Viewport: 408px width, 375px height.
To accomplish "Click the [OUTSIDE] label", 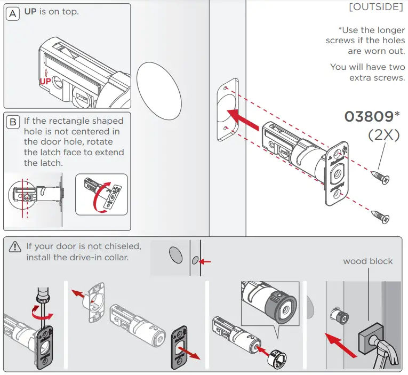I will click(x=376, y=7).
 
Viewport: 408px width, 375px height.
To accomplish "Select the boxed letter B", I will click(x=13, y=122).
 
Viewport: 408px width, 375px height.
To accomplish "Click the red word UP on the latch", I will click(x=46, y=81).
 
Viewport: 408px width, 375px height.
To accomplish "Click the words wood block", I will click(x=367, y=261).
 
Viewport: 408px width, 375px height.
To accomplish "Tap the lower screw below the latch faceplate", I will click(x=380, y=216).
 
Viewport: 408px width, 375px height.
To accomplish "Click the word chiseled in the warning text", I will click(x=122, y=246).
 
